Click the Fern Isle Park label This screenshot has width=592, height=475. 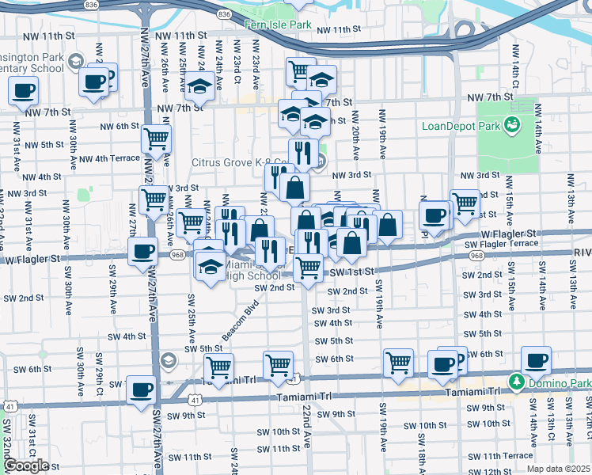point(279,25)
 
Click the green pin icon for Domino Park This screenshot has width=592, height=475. point(516,383)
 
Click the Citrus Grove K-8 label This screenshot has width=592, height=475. point(241,163)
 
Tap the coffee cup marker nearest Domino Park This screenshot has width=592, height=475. point(536,361)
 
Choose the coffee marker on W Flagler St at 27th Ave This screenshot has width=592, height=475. point(142,253)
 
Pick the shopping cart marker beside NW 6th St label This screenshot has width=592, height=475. point(156,139)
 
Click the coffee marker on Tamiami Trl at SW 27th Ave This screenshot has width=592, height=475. point(142,389)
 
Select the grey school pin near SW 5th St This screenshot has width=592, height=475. point(167,361)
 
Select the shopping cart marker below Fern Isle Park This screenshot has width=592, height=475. point(301,71)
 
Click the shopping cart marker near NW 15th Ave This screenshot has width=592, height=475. point(465,203)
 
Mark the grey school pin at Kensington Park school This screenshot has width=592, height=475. point(75,61)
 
